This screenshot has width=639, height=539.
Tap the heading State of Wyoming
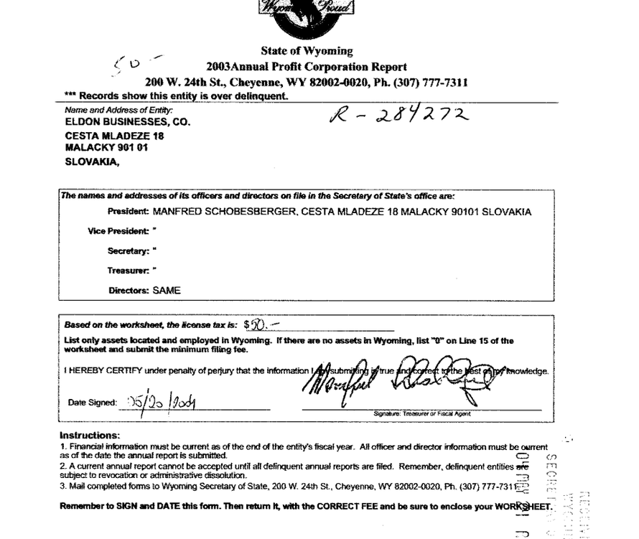[307, 52]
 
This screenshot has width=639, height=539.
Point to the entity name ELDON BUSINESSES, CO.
[127, 122]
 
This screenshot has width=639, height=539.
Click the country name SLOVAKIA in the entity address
[92, 161]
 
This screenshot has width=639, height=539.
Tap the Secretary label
[129, 252]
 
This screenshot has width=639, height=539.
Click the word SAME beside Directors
[167, 291]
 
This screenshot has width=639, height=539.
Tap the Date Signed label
[92, 403]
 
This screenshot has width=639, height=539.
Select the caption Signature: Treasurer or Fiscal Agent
[421, 414]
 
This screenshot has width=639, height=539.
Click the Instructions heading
[90, 436]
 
